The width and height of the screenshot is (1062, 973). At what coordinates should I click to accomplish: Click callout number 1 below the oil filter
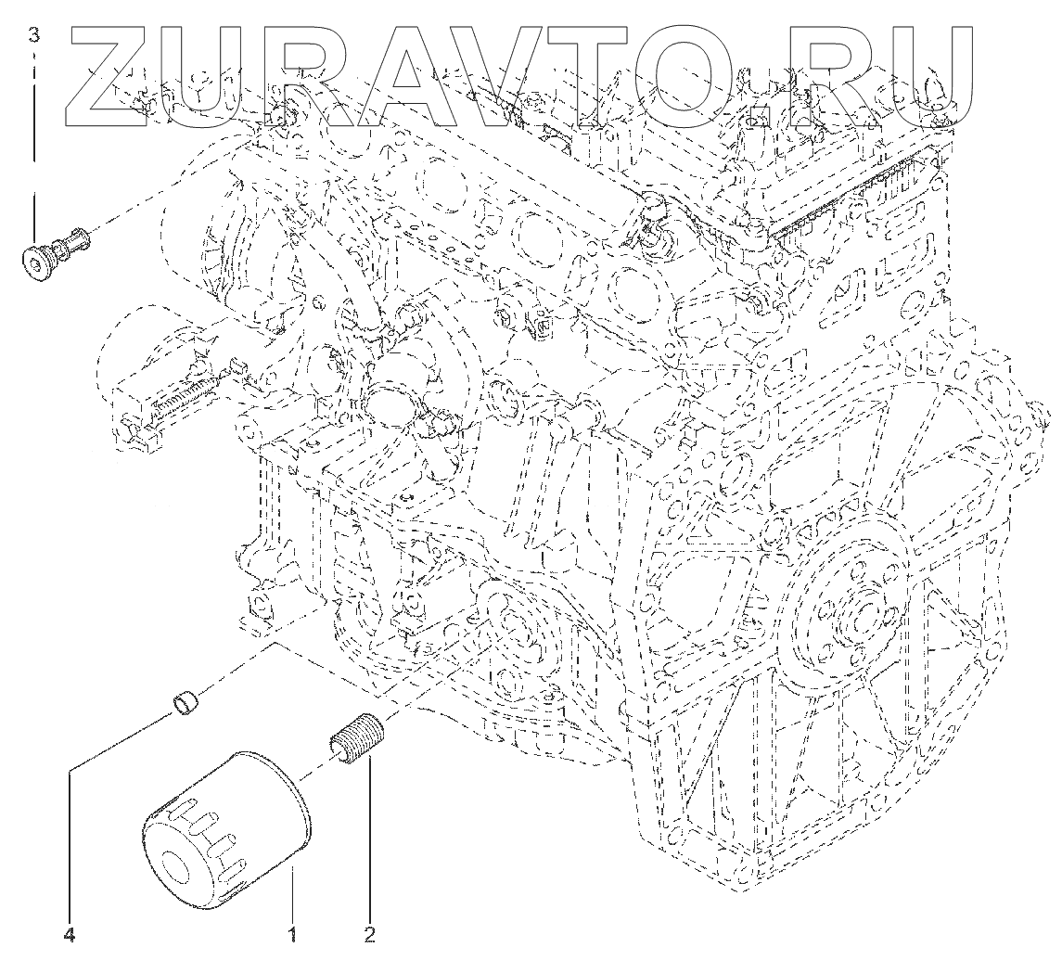(x=293, y=934)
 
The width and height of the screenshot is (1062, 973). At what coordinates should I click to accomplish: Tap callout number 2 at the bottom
(x=368, y=934)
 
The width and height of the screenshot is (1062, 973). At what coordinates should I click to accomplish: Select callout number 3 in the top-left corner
(x=34, y=36)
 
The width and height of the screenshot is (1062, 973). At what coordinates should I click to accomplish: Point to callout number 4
(x=69, y=934)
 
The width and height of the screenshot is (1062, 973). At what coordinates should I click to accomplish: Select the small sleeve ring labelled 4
(x=188, y=704)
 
